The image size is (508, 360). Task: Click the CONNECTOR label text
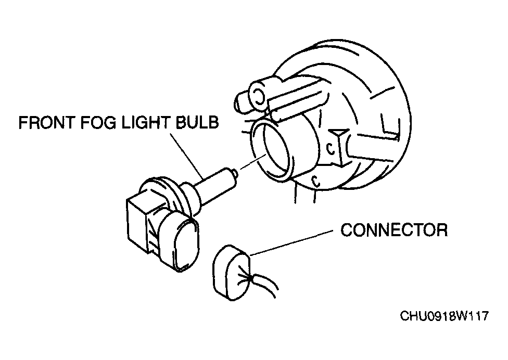(x=394, y=230)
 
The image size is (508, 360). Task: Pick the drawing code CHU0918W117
(x=444, y=316)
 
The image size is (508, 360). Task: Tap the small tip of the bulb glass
(x=236, y=175)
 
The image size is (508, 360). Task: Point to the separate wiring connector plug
(x=231, y=273)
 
